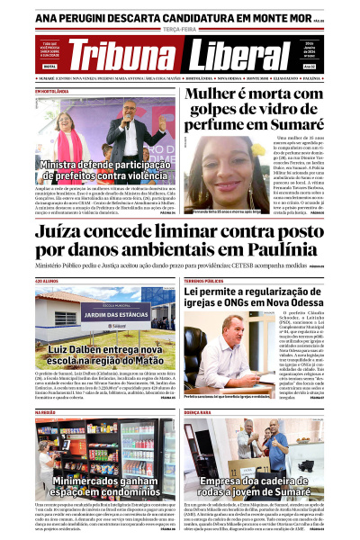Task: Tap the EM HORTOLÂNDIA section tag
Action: pyautogui.click(x=51, y=91)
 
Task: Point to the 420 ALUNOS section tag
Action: pyautogui.click(x=46, y=283)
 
